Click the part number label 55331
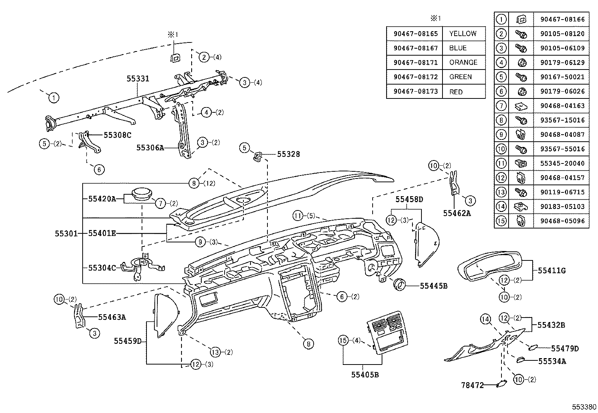[138, 79]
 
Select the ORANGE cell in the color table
[463, 62]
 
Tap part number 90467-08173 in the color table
[416, 91]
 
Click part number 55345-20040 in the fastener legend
[562, 163]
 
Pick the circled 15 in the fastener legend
[501, 221]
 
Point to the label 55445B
[433, 286]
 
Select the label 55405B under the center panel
[365, 374]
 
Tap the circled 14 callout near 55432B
[486, 319]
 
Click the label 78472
[473, 385]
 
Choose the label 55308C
[117, 135]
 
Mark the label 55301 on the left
[66, 233]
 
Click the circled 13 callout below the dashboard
[215, 352]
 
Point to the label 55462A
[456, 213]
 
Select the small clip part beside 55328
[257, 156]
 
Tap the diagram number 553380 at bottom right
[584, 407]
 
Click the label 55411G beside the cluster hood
[551, 270]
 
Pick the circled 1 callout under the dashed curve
[54, 98]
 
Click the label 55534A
[552, 361]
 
